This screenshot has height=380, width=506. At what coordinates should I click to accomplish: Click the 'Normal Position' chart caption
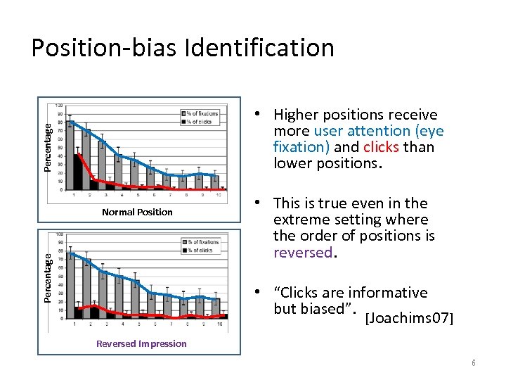tap(137, 212)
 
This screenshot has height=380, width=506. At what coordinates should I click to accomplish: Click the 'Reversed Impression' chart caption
tap(141, 343)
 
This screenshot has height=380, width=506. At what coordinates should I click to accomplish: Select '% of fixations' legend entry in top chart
tap(202, 113)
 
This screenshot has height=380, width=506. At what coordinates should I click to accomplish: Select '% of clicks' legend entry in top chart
tap(199, 122)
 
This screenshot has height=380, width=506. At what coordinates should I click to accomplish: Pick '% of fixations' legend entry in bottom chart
tap(202, 242)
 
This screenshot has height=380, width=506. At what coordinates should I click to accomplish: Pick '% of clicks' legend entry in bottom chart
tap(199, 251)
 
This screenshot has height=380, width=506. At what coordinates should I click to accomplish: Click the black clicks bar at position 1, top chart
tap(77, 172)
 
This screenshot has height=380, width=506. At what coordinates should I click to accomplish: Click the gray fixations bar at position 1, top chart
tap(70, 156)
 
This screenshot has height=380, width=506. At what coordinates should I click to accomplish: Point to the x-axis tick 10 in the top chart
tap(218, 195)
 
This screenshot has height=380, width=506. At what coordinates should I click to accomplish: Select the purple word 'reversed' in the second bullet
tap(301, 252)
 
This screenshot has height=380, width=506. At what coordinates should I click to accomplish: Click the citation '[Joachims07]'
tap(410, 319)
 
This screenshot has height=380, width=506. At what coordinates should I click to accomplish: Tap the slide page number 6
tap(474, 362)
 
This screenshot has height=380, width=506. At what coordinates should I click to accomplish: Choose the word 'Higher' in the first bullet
tap(296, 115)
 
